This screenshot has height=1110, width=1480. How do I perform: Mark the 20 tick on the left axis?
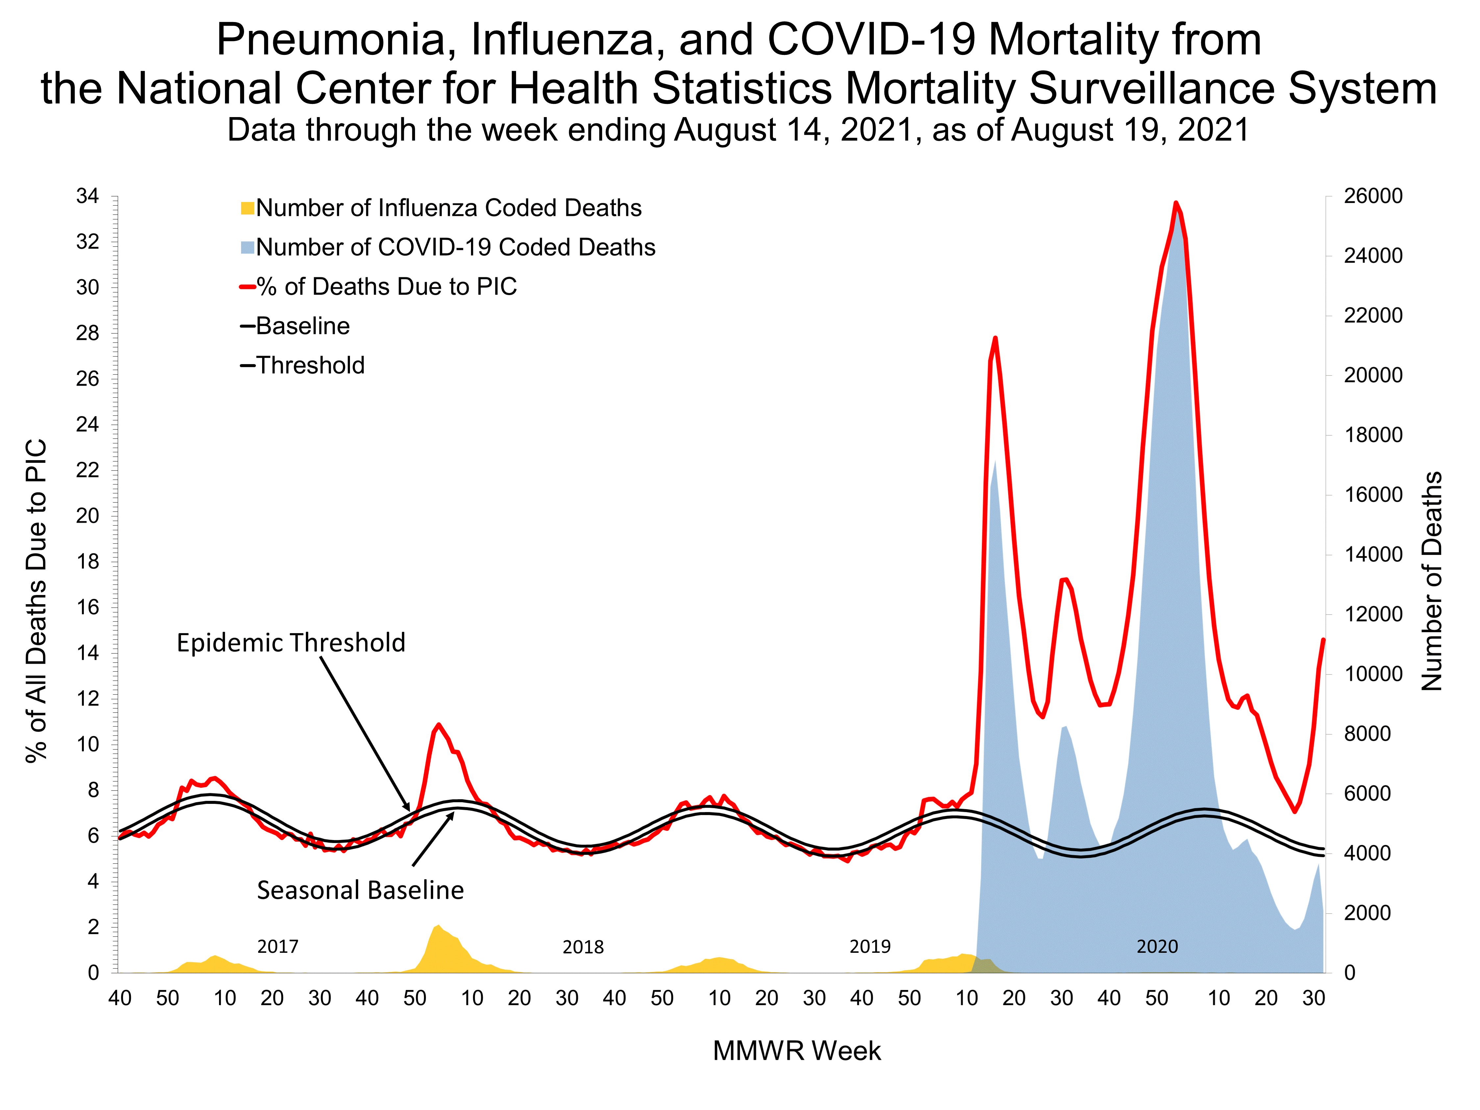88,516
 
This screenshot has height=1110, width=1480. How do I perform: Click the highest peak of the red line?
1175,203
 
